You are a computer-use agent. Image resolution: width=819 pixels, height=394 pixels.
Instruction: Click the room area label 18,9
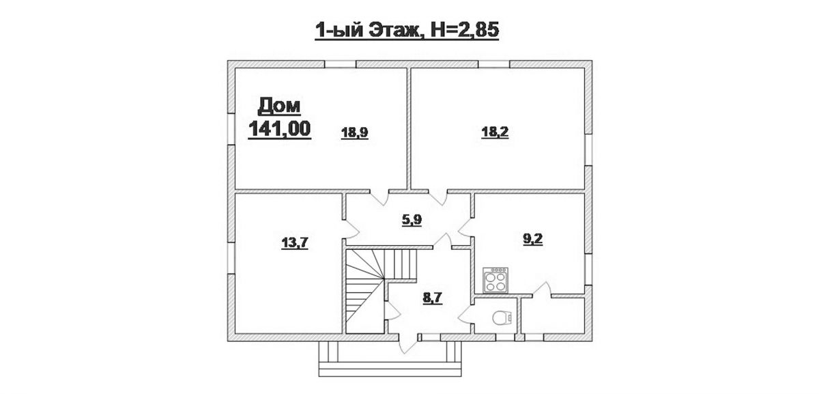[x=354, y=132]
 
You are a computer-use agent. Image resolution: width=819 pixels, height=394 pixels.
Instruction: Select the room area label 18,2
[x=495, y=132]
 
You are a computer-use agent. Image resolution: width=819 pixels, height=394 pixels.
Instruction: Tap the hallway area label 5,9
[x=412, y=221]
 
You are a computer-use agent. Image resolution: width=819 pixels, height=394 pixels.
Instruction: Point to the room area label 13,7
[x=295, y=242]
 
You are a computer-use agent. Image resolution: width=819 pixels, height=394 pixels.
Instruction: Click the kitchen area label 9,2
[x=533, y=239]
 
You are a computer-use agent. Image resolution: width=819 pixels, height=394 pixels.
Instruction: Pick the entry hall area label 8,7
[x=433, y=298]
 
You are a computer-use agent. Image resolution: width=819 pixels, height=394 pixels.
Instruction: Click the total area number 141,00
[x=280, y=129]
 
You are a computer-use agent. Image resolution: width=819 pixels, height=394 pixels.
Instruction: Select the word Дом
[x=279, y=106]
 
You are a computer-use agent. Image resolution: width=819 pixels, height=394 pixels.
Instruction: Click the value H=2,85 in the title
[x=465, y=30]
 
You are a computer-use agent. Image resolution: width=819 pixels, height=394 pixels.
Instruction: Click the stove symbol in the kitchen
[x=495, y=280]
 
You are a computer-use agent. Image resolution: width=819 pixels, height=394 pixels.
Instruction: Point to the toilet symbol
[x=501, y=318]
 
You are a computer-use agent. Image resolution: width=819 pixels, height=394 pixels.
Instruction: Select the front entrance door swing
[x=407, y=343]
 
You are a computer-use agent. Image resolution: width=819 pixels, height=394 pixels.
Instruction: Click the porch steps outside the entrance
[x=390, y=359]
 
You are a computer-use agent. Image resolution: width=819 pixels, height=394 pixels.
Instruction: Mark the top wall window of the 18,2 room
[x=494, y=64]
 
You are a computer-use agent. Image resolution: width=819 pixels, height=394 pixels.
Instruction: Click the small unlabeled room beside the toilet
[x=552, y=315]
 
